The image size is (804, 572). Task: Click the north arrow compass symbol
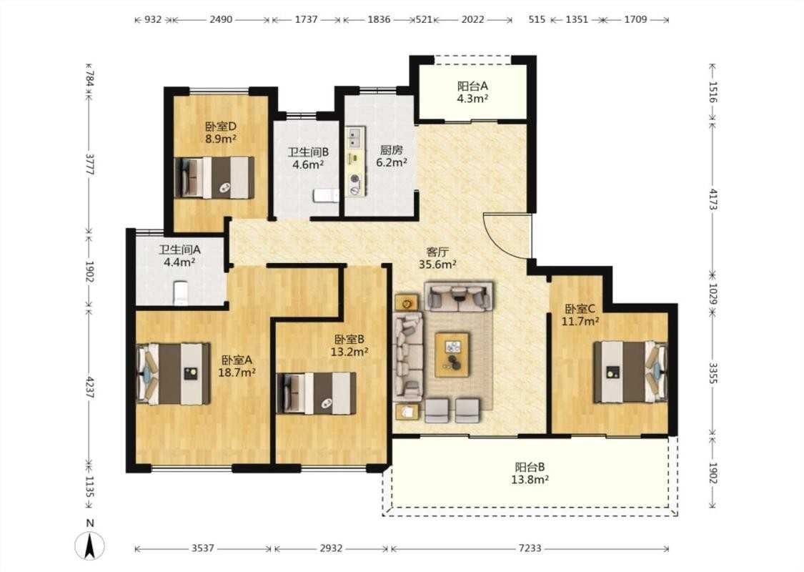tap(90, 545)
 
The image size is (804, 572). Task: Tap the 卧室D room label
tap(221, 127)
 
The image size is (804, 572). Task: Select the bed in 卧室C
tap(630, 371)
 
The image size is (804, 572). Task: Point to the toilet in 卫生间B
tap(326, 195)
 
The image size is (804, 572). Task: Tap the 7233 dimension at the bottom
tap(530, 548)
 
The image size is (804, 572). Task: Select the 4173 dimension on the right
tap(713, 199)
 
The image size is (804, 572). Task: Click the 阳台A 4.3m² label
tap(472, 92)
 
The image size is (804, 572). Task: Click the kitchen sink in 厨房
tap(354, 137)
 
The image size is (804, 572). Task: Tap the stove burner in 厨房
tap(354, 179)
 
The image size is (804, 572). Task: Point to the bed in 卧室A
tap(174, 373)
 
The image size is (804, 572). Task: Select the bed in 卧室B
tap(316, 393)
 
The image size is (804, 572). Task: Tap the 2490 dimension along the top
tap(221, 19)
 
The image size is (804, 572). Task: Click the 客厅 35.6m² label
tap(437, 259)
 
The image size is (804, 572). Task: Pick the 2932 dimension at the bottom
tap(331, 548)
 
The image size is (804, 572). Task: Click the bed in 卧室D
tap(214, 177)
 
